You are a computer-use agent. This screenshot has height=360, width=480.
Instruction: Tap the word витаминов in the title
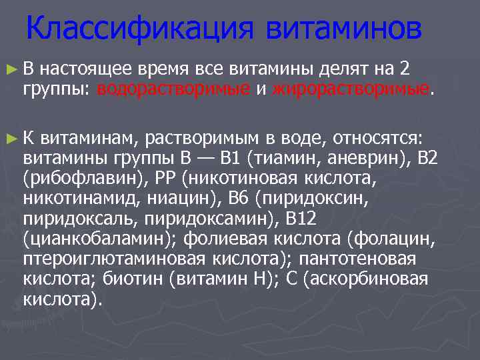(x=344, y=29)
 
